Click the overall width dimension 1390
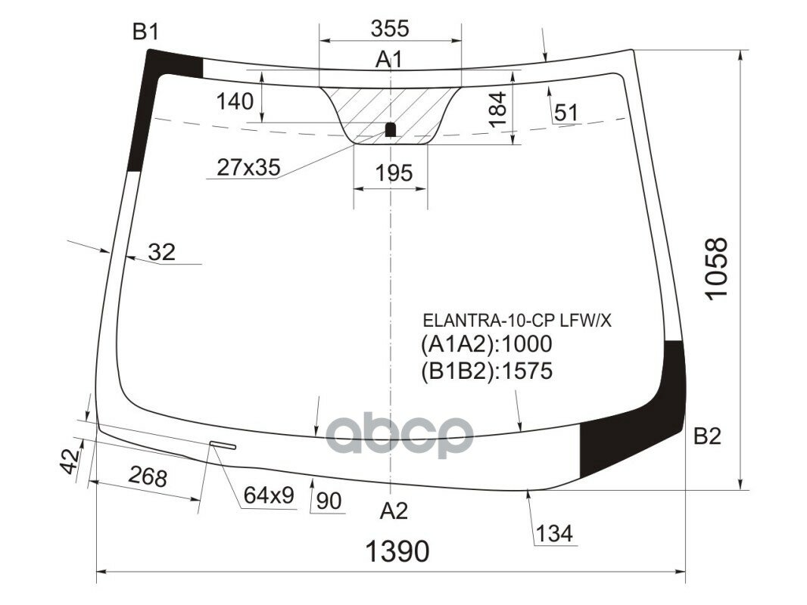point(397,552)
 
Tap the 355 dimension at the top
point(390,29)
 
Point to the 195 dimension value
point(394,173)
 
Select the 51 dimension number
point(566,113)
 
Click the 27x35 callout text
point(248,168)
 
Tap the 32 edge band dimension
point(161,253)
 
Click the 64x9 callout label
point(268,495)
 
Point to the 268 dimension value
point(147,477)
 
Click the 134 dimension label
point(555,534)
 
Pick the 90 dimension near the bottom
point(329,501)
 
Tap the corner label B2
point(707,436)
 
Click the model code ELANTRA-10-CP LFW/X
point(517,321)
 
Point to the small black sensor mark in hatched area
point(391,129)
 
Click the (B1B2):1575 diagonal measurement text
point(487,371)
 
